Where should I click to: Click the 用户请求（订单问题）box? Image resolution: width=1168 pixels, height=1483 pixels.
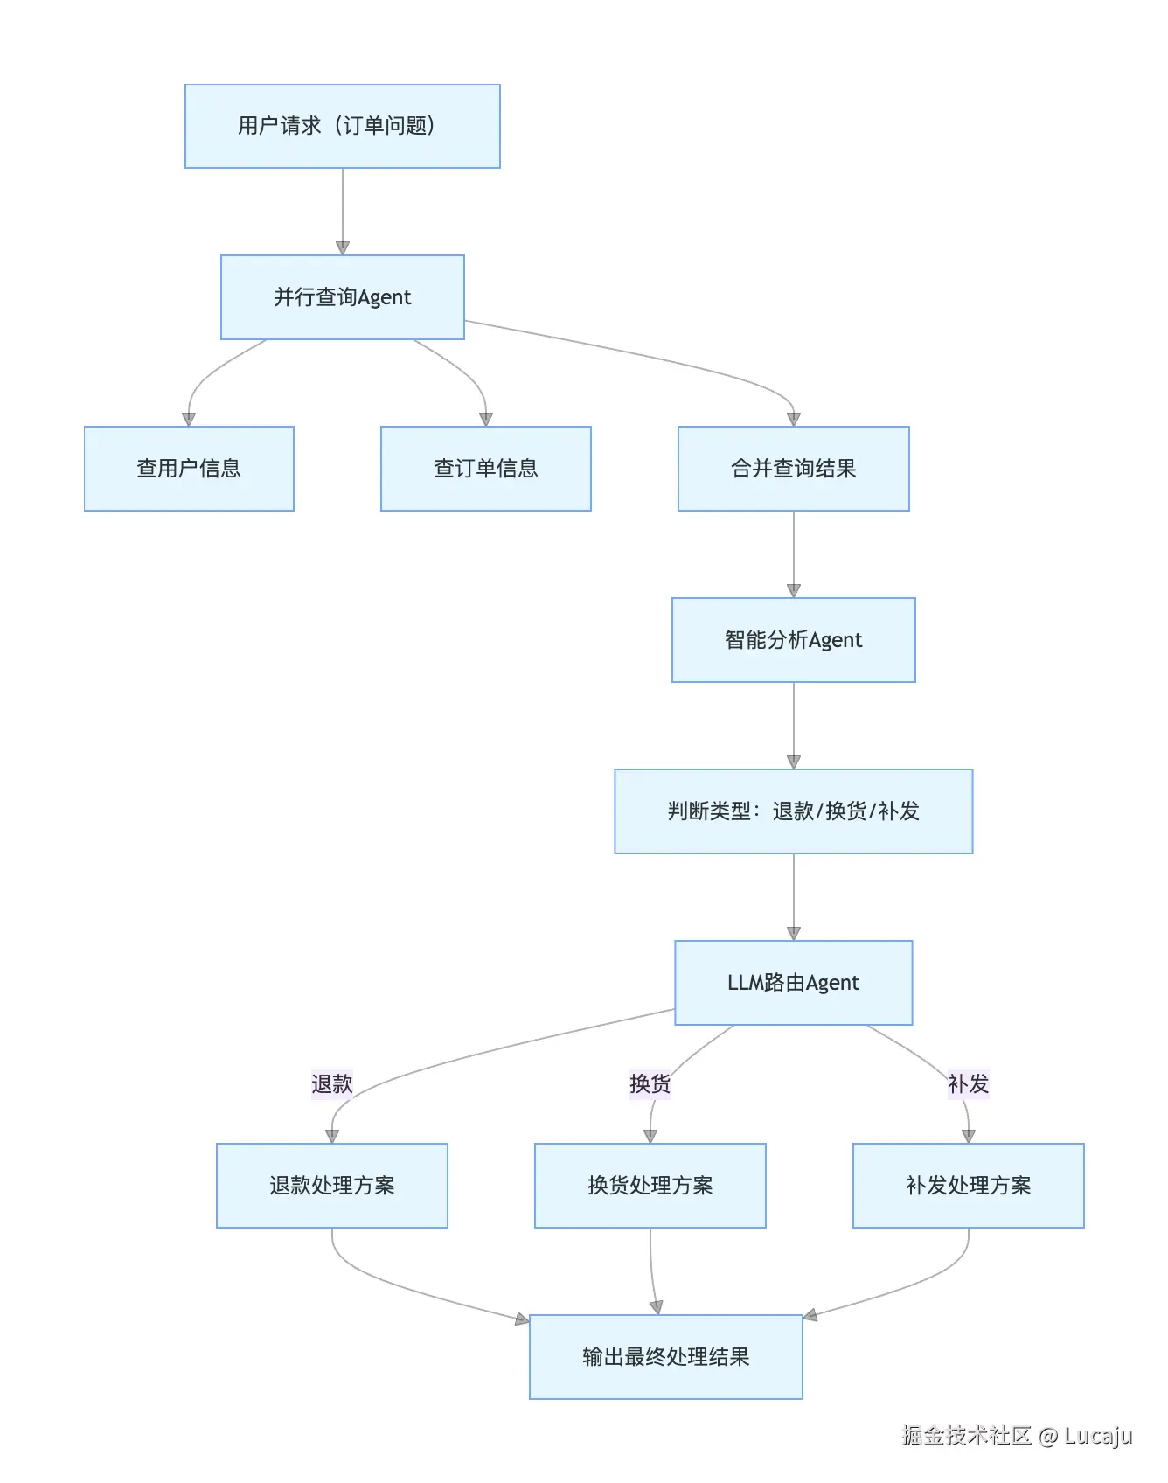click(x=342, y=126)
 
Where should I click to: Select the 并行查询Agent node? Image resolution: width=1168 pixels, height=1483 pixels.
click(x=342, y=297)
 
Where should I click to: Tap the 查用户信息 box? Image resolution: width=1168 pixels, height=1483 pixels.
click(x=189, y=469)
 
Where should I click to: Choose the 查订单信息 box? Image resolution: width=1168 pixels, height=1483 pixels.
click(x=485, y=469)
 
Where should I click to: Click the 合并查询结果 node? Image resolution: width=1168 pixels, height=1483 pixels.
click(x=793, y=469)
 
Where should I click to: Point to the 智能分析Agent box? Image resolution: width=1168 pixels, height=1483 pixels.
click(x=793, y=640)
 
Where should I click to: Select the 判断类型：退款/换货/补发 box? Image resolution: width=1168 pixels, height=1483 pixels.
click(x=793, y=811)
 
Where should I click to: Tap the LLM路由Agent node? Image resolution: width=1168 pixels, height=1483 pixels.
click(x=793, y=983)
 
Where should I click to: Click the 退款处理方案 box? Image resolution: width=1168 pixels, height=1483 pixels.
click(x=331, y=1186)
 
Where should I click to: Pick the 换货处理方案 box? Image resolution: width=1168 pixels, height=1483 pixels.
click(x=650, y=1186)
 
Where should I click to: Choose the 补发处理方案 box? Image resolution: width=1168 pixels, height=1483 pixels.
click(x=968, y=1186)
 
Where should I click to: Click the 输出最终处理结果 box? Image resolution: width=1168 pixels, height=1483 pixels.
click(x=665, y=1357)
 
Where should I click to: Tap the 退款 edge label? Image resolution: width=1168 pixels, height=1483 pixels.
click(x=331, y=1084)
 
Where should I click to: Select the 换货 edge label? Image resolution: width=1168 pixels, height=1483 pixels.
click(x=650, y=1084)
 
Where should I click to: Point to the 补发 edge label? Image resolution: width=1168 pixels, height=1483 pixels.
click(x=968, y=1084)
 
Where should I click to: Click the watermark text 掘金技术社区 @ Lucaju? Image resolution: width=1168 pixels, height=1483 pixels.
click(x=1017, y=1436)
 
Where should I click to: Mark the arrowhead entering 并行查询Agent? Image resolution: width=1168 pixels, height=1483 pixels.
click(x=343, y=248)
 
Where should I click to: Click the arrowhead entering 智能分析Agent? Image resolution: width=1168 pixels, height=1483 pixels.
click(x=794, y=591)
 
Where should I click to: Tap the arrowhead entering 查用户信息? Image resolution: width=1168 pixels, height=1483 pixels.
click(x=189, y=420)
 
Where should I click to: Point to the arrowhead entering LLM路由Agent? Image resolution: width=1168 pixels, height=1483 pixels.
click(x=794, y=934)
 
